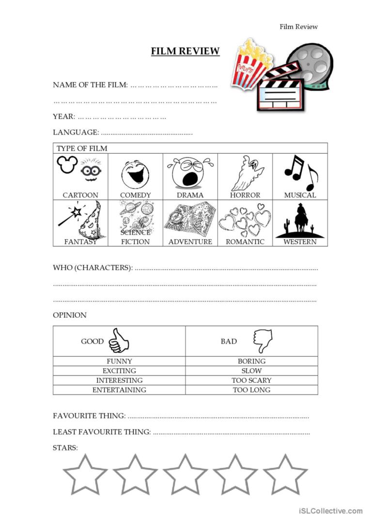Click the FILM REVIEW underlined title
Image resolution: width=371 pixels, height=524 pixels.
tap(185, 51)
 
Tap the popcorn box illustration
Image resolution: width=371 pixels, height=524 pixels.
tap(250, 63)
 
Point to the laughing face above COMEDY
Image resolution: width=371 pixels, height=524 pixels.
tap(135, 175)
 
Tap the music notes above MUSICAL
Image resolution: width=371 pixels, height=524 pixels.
tap(300, 172)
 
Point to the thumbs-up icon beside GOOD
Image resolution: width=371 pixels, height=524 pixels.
tap(118, 341)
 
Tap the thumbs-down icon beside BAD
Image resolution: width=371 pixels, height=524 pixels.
tap(262, 341)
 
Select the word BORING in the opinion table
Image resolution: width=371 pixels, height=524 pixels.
tap(251, 361)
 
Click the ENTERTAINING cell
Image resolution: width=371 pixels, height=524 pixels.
tap(119, 390)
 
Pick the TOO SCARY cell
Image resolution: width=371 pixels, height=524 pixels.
tap(251, 380)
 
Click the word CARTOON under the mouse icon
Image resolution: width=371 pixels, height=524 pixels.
tap(80, 195)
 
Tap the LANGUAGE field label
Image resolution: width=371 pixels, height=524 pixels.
tap(76, 132)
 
